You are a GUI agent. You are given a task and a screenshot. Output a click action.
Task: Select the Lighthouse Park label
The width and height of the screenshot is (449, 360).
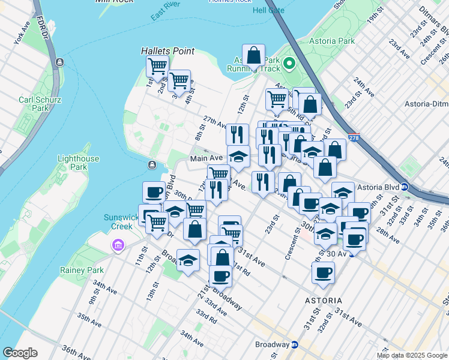coord(77,162)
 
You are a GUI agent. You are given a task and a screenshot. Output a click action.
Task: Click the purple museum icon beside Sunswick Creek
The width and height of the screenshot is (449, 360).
coord(118,245)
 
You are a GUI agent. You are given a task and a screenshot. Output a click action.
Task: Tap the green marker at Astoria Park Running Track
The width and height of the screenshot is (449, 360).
coord(289,63)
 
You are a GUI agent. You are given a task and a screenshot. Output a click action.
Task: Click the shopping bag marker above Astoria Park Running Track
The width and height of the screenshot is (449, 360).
coord(254,56)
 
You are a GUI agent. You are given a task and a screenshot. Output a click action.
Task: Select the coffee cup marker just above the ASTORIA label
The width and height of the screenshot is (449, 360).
coord(323,273)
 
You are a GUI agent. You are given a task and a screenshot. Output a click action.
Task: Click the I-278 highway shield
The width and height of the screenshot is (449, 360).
coord(354,137)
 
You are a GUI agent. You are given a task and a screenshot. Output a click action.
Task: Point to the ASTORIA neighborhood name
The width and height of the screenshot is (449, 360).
coord(322,300)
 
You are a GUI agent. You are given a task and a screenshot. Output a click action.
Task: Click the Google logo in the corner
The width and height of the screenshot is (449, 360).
coord(20,353)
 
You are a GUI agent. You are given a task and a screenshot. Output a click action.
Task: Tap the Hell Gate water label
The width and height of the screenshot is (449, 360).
coord(269,11)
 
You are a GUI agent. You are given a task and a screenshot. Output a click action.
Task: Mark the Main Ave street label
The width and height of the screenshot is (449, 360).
coord(206,158)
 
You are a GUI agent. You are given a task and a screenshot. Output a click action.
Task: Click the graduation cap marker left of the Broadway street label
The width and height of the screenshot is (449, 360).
coord(188,260)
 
